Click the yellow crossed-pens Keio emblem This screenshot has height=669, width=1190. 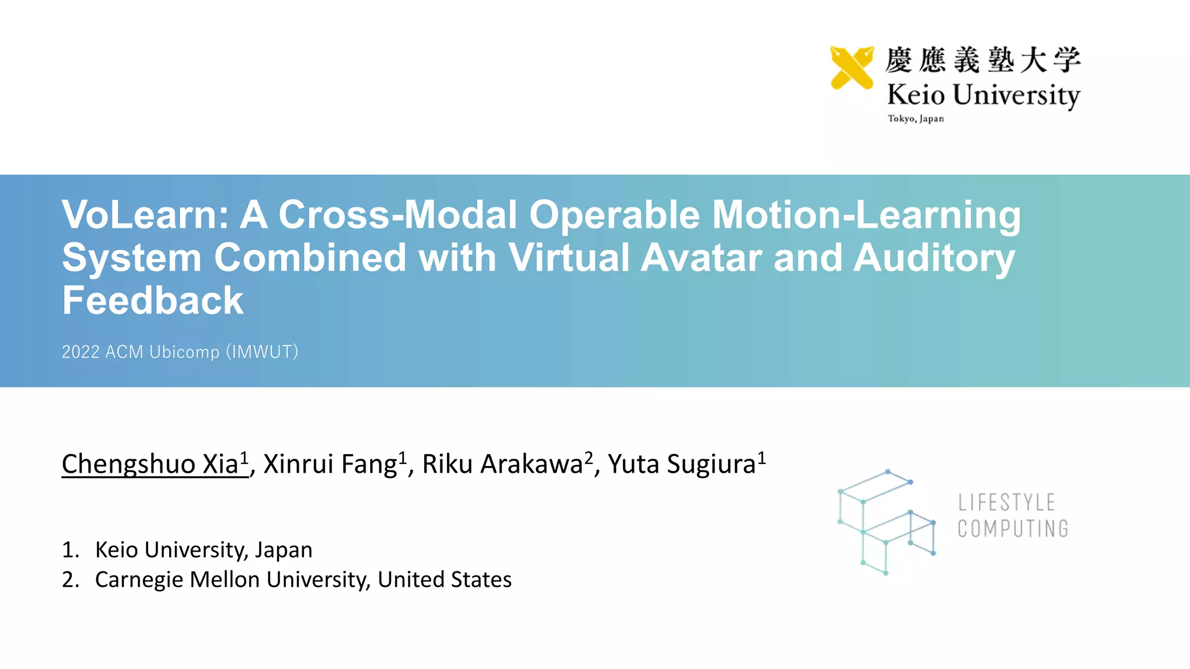(x=852, y=67)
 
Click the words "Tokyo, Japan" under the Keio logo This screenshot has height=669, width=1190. (x=916, y=118)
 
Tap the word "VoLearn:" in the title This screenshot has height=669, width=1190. (x=145, y=215)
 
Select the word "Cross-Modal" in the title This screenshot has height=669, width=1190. (x=397, y=215)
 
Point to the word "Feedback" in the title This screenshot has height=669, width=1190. (x=153, y=301)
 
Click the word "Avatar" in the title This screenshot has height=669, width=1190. (x=701, y=258)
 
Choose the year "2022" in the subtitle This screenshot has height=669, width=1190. (x=81, y=352)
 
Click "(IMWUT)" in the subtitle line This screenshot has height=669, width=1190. (x=261, y=352)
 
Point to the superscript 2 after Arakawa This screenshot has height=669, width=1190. (x=589, y=458)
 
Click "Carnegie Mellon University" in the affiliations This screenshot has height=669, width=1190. (x=232, y=580)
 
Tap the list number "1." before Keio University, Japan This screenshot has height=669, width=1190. (x=70, y=550)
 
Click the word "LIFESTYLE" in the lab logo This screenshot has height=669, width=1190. (x=1006, y=502)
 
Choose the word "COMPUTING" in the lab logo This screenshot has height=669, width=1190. (x=1013, y=529)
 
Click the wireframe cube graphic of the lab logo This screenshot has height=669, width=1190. (x=886, y=522)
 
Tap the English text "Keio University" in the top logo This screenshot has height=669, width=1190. (x=983, y=95)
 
